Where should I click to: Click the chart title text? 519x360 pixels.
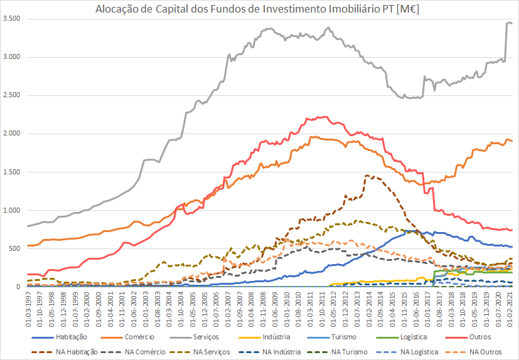pos(259,9)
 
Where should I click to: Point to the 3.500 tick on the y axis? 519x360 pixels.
pos(12,19)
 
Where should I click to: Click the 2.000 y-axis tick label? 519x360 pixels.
pos(12,134)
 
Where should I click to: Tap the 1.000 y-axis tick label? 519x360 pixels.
pos(12,211)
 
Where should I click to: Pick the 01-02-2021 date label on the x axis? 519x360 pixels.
pos(512,309)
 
